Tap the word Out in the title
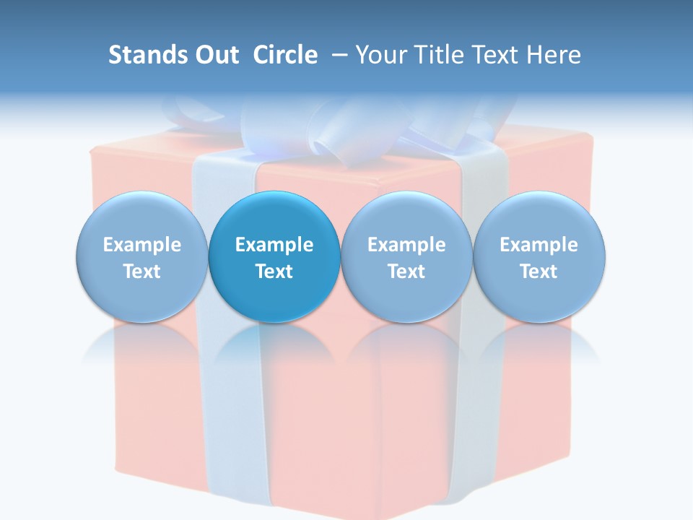point(215,55)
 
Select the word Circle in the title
point(285,55)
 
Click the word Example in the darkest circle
point(274,245)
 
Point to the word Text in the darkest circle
point(274,272)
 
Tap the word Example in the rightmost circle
point(539,245)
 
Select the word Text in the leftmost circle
point(142,272)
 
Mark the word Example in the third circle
point(406,245)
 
